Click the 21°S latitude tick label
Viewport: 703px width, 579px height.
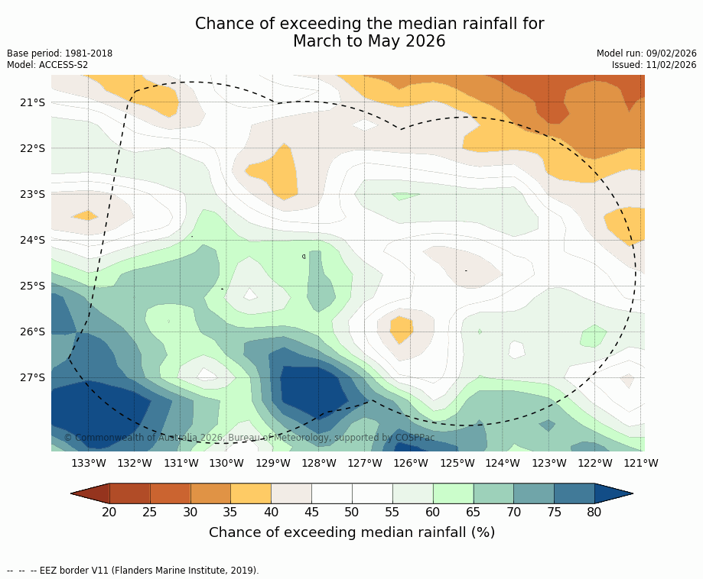[x=32, y=102]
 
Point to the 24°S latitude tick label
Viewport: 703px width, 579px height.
[x=32, y=240]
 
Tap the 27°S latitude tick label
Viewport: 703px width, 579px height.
[x=32, y=377]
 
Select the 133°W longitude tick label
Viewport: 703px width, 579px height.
[x=89, y=463]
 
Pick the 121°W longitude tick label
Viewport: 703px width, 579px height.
[x=640, y=463]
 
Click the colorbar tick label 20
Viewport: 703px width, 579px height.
[x=109, y=512]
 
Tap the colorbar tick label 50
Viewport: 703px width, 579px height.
[x=352, y=512]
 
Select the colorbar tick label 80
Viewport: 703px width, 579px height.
[x=594, y=512]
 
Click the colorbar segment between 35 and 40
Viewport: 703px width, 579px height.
[x=251, y=493]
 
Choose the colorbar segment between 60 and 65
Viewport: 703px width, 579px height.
[x=453, y=493]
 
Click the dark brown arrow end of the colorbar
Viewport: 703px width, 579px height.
[x=90, y=493]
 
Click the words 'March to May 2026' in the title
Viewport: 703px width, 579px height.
[x=369, y=41]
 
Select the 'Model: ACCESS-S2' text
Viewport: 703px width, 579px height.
[x=47, y=65]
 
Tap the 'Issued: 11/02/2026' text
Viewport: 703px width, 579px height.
[x=654, y=65]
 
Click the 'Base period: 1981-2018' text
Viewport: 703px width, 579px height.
[x=60, y=53]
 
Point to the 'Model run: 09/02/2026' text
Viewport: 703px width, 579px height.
[x=646, y=53]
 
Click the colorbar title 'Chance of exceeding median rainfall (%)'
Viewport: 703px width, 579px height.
[x=352, y=532]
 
